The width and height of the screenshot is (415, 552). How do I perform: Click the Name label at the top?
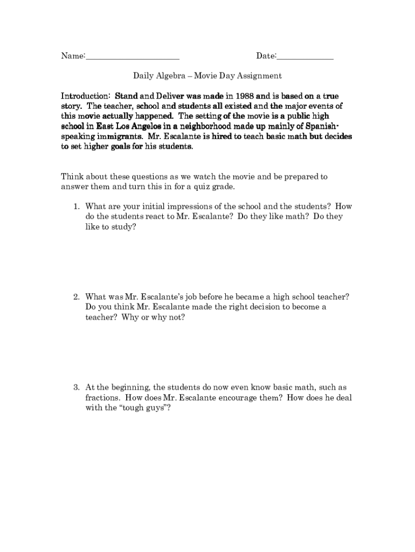[x=72, y=56]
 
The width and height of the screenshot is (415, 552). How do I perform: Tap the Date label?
[x=266, y=56]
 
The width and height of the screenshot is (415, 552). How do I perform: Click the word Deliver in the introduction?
[x=167, y=96]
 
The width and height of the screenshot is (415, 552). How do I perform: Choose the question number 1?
[x=77, y=206]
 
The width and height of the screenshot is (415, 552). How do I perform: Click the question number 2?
[x=77, y=297]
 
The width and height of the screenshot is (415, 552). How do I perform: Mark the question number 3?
[x=77, y=388]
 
